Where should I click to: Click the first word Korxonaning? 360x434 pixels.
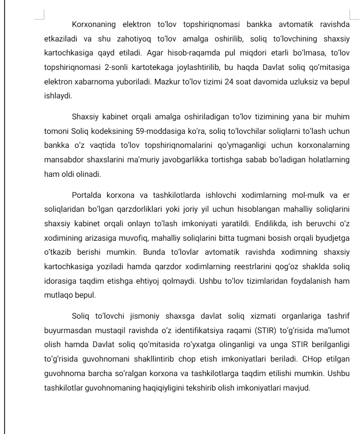(94, 24)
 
